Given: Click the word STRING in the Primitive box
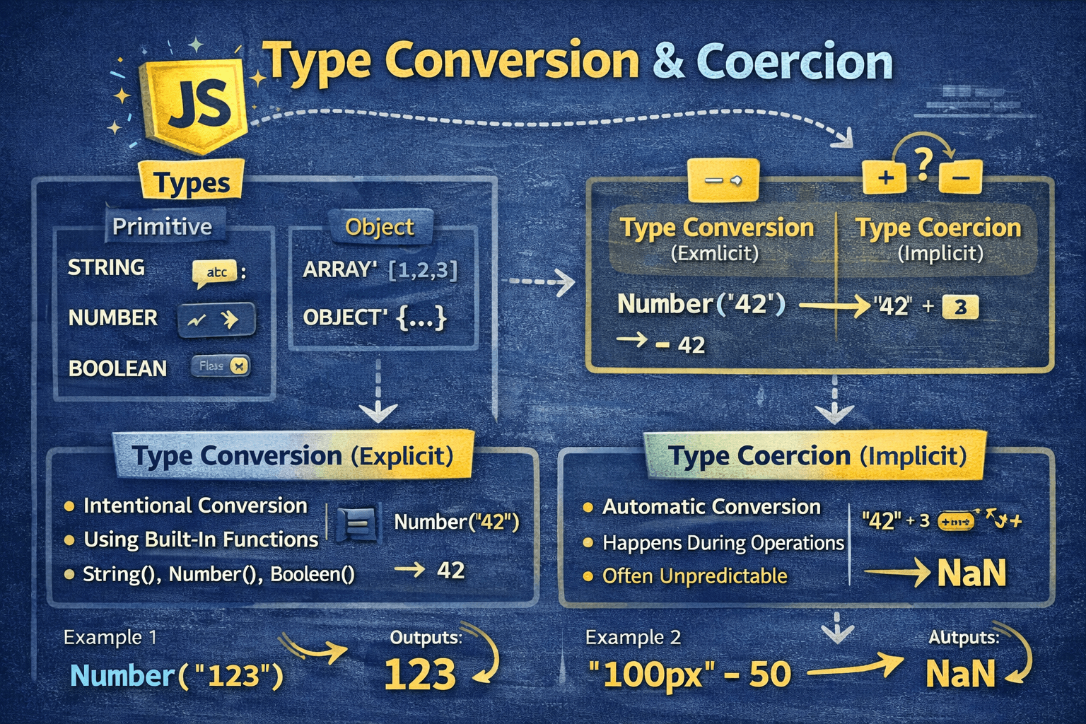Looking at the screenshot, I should coord(106,267).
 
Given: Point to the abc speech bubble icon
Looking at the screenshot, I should coord(216,272).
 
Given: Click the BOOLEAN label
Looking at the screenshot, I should coord(117,368).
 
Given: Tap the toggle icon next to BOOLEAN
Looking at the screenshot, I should coord(221,366).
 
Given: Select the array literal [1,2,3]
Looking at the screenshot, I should coord(423,269).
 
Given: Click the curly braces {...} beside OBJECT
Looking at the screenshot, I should coord(421,317).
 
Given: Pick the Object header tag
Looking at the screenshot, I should coord(379,227).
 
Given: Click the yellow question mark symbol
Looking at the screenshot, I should coord(923,164).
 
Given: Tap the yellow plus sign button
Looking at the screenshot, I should coord(884,177).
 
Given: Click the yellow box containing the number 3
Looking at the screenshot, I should coord(960,307).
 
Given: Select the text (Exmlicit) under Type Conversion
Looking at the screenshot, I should coord(714,253).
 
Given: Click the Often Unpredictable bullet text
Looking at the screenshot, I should coord(694,576).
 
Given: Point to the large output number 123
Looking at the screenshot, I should coord(420,675).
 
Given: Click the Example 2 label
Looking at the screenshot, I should coord(633,637).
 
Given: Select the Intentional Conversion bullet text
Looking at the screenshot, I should coord(195,506).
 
